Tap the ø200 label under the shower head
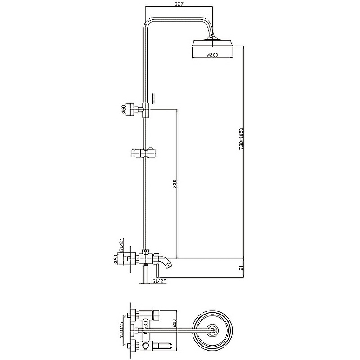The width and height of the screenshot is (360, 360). pyautogui.click(x=212, y=55)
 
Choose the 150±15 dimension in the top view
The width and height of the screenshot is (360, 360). pyautogui.click(x=121, y=331)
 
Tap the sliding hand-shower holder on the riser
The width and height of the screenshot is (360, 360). pyautogui.click(x=143, y=153)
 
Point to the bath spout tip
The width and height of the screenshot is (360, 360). pyautogui.click(x=169, y=265)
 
